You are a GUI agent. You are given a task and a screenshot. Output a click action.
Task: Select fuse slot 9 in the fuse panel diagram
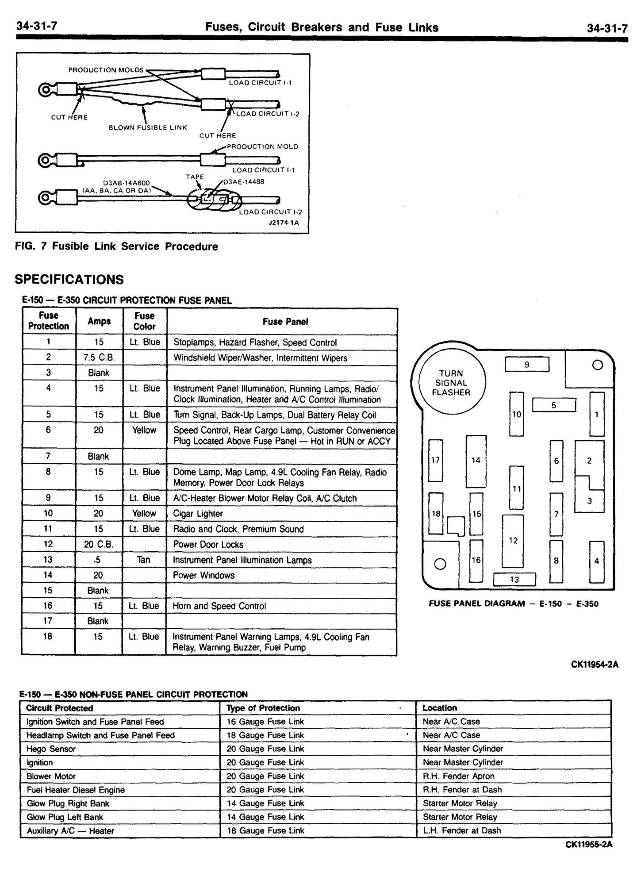point(526,365)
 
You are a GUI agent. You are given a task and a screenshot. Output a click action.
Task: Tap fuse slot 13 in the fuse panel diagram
point(514,579)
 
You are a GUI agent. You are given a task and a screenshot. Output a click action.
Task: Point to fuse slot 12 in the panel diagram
point(513,540)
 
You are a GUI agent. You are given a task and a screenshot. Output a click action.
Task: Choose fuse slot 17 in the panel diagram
point(436,460)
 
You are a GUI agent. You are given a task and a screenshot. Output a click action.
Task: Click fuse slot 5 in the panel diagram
point(553,405)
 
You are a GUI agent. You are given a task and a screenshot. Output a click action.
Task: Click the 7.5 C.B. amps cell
point(99,357)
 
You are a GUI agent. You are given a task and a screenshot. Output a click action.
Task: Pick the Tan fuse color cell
point(144,560)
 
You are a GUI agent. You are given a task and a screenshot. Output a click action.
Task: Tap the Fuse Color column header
point(144,321)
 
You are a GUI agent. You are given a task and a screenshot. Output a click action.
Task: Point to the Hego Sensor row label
point(51,749)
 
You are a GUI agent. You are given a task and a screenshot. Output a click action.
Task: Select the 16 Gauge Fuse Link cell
point(265,722)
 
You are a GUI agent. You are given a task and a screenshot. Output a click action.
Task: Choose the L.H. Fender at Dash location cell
point(462,830)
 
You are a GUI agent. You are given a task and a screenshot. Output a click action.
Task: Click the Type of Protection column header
point(263,708)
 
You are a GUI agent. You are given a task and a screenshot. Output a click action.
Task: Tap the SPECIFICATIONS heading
point(69,280)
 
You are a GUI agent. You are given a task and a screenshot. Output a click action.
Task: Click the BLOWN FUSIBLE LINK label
point(148,127)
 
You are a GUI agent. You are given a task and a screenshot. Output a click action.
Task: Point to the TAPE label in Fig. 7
point(195,177)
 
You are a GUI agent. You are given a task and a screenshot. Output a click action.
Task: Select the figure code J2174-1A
point(284,223)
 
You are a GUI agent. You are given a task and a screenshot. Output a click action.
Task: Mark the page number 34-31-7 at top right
point(606,28)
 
